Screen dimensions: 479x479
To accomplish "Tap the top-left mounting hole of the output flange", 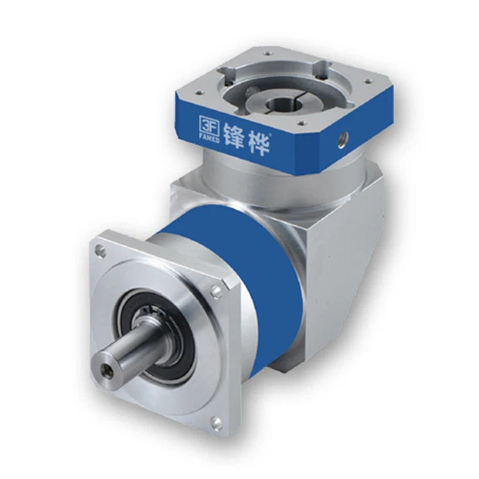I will pyautogui.click(x=102, y=252).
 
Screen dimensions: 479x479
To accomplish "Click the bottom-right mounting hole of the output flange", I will pyautogui.click(x=217, y=422).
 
